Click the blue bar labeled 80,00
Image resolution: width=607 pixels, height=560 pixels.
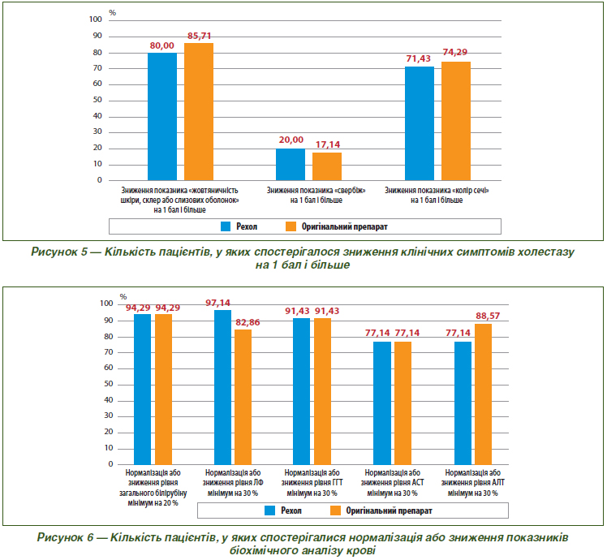(x=162, y=116)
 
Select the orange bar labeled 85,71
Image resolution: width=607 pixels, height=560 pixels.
(x=199, y=111)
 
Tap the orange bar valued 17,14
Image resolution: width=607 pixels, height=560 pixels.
(x=327, y=166)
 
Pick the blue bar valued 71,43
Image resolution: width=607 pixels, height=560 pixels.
(x=420, y=123)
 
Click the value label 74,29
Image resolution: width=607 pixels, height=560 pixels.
(x=455, y=52)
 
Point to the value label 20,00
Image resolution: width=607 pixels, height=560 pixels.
(x=291, y=140)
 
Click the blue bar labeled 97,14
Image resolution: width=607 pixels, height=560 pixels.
(x=222, y=387)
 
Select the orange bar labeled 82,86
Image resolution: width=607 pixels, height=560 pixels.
(x=243, y=397)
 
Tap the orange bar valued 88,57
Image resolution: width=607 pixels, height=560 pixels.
(x=483, y=394)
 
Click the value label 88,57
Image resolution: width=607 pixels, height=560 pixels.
(x=488, y=316)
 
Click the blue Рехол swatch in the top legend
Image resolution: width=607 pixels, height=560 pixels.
(x=226, y=226)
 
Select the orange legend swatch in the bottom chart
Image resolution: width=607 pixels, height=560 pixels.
(x=335, y=510)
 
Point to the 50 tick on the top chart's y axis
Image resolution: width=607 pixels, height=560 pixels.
(x=97, y=100)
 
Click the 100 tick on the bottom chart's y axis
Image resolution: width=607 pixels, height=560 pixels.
(x=106, y=304)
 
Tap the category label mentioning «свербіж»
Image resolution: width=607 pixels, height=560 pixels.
(x=316, y=195)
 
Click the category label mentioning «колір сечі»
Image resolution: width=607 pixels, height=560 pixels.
(x=437, y=195)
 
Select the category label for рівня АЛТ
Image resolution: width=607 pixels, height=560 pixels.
(x=472, y=483)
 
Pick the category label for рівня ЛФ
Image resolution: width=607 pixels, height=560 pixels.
(x=233, y=483)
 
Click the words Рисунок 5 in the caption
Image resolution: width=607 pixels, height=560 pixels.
(x=59, y=252)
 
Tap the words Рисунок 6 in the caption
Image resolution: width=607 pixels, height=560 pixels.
(x=65, y=537)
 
